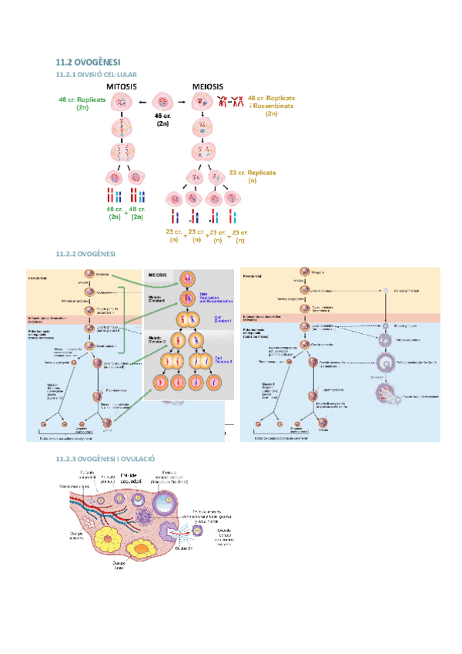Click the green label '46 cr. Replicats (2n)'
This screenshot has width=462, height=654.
point(82,104)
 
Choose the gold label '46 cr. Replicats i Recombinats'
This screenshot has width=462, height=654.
point(271,106)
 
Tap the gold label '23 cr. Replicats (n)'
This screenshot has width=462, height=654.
point(253,177)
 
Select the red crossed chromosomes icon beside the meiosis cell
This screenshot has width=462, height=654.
point(231,101)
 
